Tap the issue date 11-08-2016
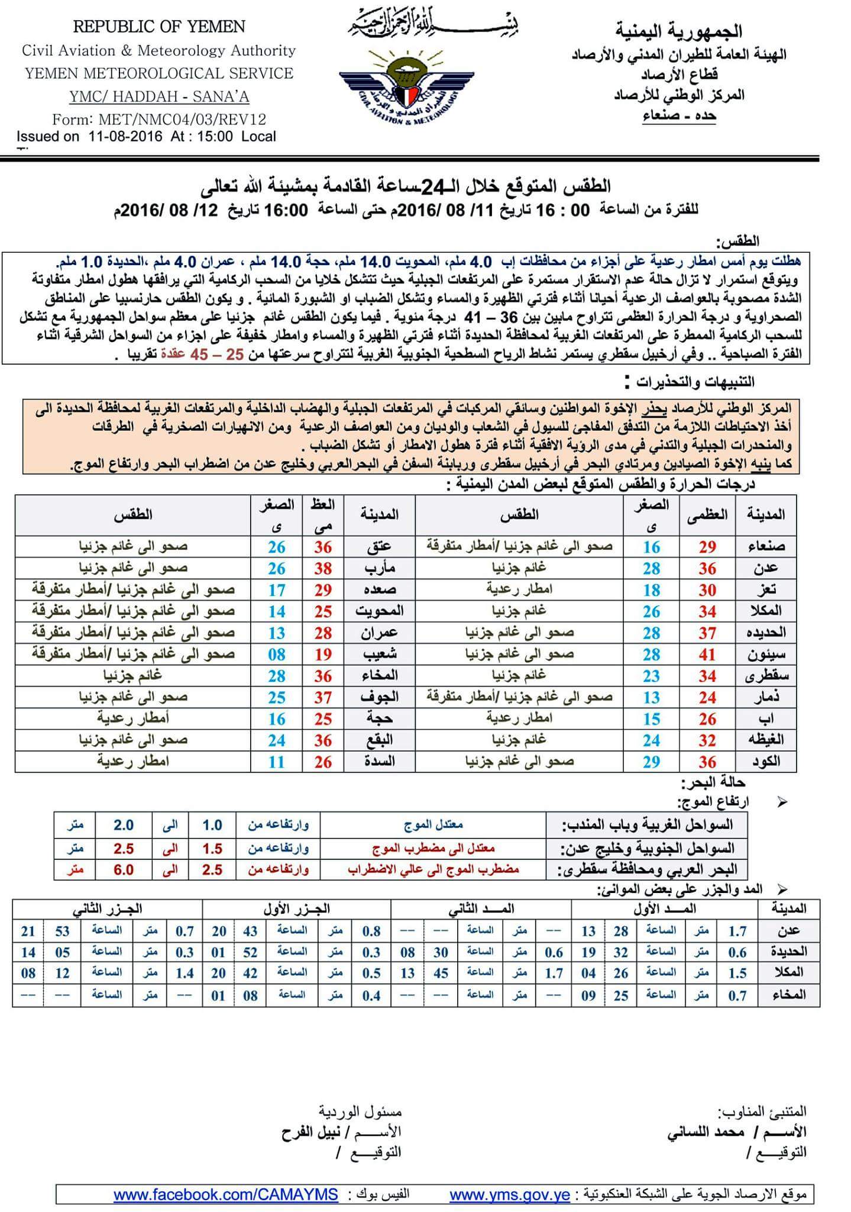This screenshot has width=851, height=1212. [125, 136]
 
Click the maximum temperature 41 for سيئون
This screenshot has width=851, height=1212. [707, 655]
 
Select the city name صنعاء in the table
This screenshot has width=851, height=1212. [767, 547]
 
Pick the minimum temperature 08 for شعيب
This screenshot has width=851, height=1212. [277, 655]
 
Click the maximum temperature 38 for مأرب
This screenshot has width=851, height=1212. [323, 569]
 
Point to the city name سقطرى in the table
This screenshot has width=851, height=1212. [768, 676]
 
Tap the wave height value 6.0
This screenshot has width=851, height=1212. [124, 870]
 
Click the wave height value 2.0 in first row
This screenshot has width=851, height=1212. [124, 825]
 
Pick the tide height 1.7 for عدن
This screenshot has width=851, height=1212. [737, 931]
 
